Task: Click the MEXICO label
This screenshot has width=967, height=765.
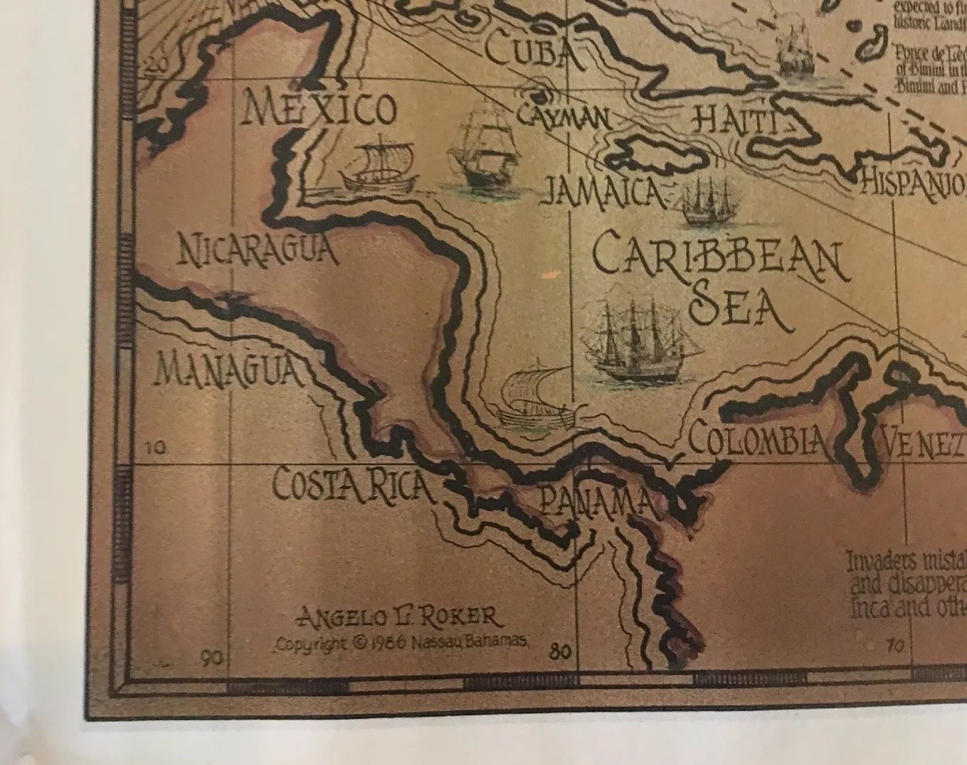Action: click(319, 109)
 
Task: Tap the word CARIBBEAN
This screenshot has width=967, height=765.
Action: click(720, 259)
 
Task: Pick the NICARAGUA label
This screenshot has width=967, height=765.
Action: click(257, 250)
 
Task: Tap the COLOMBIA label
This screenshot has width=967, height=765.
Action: click(758, 438)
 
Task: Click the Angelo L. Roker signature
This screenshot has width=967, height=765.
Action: click(399, 616)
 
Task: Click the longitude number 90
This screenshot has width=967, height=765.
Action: click(211, 658)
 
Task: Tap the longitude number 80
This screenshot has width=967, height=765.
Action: click(560, 651)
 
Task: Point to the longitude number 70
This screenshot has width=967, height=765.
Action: click(894, 646)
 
